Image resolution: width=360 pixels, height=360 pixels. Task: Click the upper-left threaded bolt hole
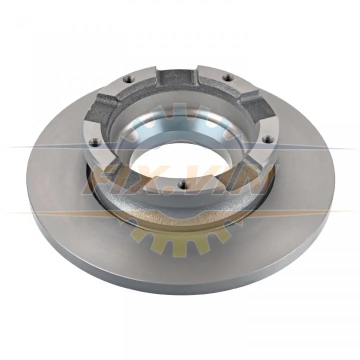(x=128, y=79)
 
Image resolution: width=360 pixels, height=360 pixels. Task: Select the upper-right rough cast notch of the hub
(x=256, y=101)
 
